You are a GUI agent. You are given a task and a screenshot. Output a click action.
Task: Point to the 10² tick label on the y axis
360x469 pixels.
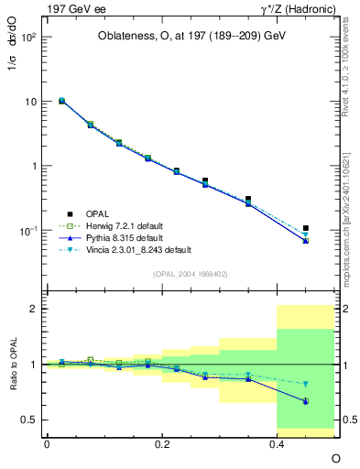tap(27, 38)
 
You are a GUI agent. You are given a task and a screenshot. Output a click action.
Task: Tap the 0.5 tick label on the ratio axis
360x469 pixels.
tap(28, 420)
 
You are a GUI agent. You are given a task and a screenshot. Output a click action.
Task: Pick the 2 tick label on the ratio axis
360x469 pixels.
tap(33, 309)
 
